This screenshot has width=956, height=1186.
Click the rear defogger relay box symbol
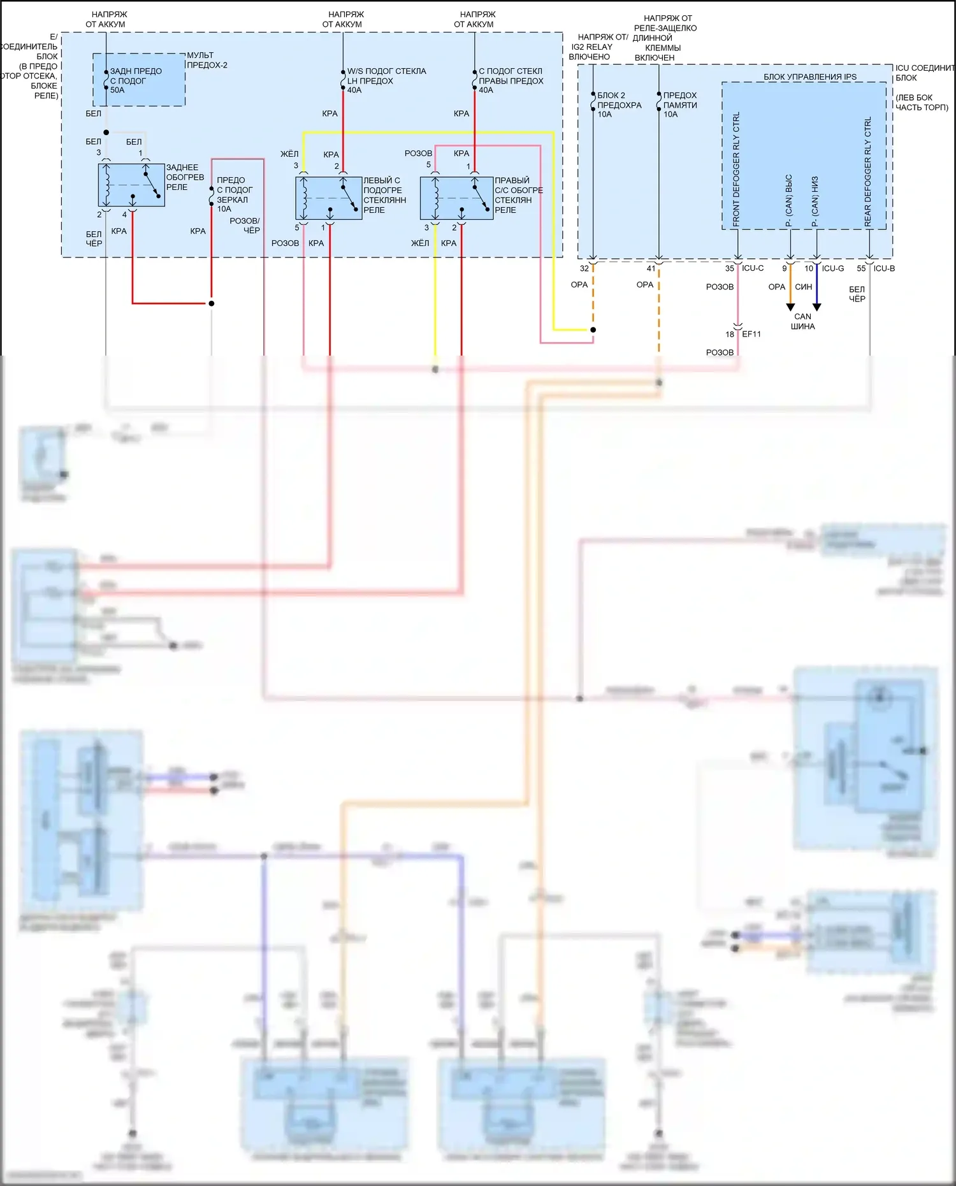pos(131,185)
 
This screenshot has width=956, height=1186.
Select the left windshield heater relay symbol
pos(329,198)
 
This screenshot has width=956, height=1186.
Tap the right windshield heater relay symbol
pos(456,198)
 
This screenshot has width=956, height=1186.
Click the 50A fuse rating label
pos(117,90)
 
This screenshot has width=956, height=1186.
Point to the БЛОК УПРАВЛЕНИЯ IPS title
pos(809,77)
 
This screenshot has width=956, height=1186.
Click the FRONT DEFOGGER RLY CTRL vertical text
pos(736,170)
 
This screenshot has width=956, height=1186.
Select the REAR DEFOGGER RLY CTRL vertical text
pos(867,171)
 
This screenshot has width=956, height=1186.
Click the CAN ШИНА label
pos(802,321)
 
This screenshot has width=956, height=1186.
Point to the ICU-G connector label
pos(832,268)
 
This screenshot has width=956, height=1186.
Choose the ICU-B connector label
pos(884,268)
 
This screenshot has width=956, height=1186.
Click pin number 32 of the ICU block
pos(584,268)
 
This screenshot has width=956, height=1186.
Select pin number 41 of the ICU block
pos(651,268)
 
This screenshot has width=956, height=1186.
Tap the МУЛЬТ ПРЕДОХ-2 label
pos(206,60)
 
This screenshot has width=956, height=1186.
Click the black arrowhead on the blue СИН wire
pos(816,307)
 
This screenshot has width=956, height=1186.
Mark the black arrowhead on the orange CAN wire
pos(790,307)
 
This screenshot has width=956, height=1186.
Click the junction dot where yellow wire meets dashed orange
pos(593,330)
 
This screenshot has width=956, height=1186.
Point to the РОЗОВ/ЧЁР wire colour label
pos(245,226)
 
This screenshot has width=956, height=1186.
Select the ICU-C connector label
pos(752,268)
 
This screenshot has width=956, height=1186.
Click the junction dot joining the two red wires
pos(212,303)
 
